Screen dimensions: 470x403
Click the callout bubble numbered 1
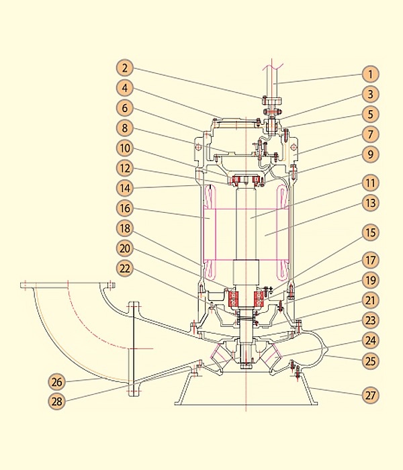point(370,73)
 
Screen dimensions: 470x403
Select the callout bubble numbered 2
point(125,67)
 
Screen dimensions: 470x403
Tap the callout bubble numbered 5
point(370,114)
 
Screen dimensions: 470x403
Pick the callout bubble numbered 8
point(125,128)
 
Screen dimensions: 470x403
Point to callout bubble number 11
point(370,182)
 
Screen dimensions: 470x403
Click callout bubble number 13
point(370,202)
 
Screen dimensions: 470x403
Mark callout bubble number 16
point(125,207)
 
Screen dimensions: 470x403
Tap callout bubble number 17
point(370,260)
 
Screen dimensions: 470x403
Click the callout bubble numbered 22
point(125,267)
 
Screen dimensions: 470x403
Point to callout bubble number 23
point(370,320)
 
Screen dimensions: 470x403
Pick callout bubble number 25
point(370,361)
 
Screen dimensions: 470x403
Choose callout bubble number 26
point(57,382)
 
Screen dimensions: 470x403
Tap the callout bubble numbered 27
point(370,395)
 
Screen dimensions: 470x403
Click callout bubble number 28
point(57,402)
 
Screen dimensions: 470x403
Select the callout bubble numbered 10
point(125,148)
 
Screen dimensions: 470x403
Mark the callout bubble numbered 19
point(370,280)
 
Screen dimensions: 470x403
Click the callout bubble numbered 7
point(370,134)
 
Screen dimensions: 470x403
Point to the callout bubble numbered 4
point(125,87)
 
